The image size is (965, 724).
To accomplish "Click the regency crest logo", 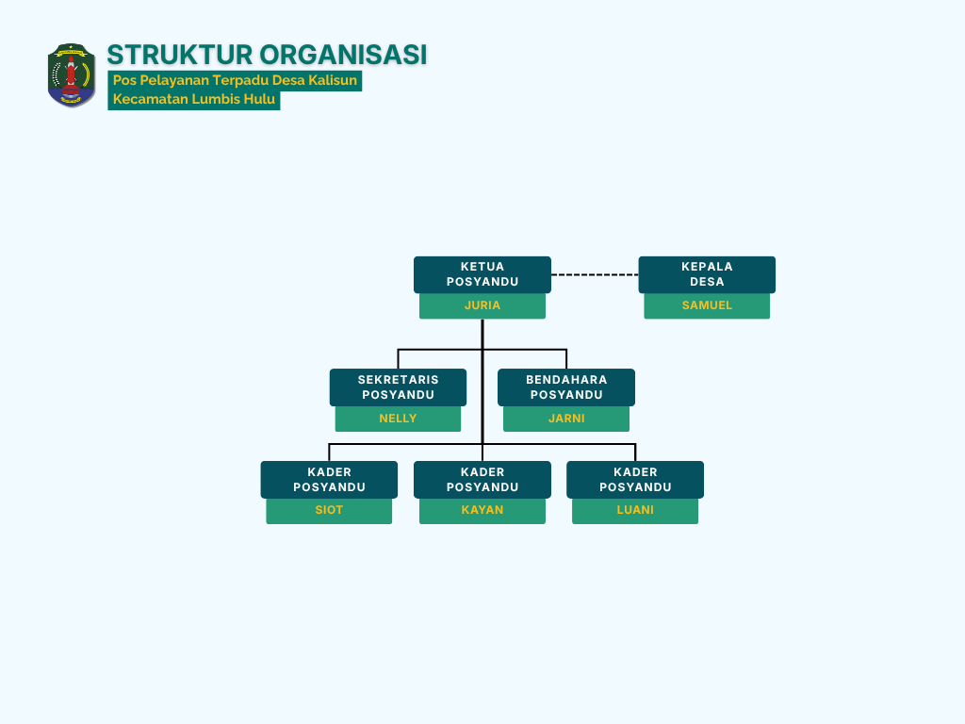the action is pos(72,75).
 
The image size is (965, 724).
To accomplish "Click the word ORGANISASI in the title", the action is pos(343,55).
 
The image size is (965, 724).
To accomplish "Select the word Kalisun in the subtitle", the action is pos(333,81).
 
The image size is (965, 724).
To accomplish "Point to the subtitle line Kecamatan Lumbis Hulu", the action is pos(194,99).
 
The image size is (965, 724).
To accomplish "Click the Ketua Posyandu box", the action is pos(482,274).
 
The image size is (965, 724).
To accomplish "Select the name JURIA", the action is pos(482,305).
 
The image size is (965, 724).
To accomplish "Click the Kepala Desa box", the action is pos(707,274).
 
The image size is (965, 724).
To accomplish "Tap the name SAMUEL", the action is pos(707,305).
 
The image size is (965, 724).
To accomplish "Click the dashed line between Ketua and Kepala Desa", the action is pos(595,274).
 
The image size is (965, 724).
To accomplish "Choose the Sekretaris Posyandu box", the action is pos(399,387).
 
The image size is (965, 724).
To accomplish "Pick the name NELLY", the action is pos(399,419).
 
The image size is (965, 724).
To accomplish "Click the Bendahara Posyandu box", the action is pos(566,387).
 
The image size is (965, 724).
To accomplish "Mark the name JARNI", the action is pos(566,419).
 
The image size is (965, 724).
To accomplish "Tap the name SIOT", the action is pos(329,510).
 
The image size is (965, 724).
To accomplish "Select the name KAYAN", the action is pos(482,510).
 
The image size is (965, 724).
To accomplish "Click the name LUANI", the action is pos(635,510).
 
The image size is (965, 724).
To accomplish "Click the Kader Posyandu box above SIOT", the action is pos(329,480).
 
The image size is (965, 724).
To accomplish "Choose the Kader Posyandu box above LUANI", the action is pos(635,480).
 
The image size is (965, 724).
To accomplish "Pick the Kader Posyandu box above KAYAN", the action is pos(482,480).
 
